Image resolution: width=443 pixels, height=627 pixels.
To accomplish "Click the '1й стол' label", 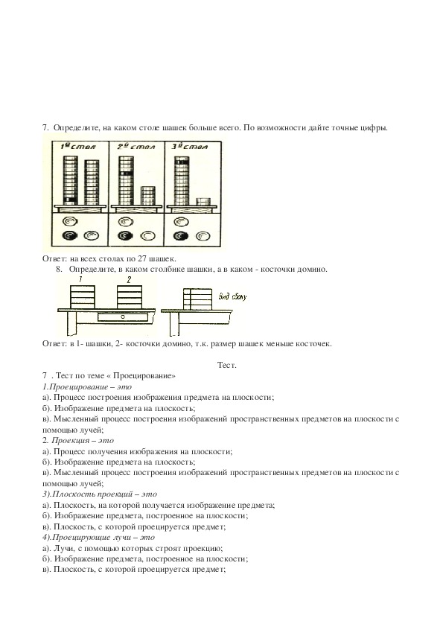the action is click(x=78, y=147).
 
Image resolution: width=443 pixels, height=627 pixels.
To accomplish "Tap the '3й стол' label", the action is click(x=190, y=147).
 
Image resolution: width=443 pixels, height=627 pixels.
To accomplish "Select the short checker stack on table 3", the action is click(x=203, y=201).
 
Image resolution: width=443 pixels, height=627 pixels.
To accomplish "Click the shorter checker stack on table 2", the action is click(x=148, y=196).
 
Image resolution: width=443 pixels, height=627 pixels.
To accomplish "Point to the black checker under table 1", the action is click(x=69, y=236).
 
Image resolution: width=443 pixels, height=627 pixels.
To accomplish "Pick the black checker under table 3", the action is click(x=181, y=236).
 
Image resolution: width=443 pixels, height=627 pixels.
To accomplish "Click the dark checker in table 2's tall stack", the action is click(x=126, y=174).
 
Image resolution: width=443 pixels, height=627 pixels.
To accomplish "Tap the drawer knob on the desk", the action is click(x=123, y=316).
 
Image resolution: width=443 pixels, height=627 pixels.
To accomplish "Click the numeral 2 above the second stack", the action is click(x=129, y=280).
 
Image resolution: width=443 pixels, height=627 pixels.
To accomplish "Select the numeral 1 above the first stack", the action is click(x=80, y=280).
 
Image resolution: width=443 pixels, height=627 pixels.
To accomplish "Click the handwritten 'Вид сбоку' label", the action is click(x=233, y=296).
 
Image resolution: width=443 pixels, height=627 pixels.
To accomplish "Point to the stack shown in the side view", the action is click(x=197, y=299).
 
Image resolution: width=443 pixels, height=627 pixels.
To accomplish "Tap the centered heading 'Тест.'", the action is click(x=226, y=365).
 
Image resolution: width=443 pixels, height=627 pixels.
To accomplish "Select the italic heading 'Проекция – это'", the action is click(x=83, y=441).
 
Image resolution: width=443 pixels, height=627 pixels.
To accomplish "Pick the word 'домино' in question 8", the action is click(x=313, y=270).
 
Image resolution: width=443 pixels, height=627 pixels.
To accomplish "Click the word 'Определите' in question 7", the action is click(x=77, y=128).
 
